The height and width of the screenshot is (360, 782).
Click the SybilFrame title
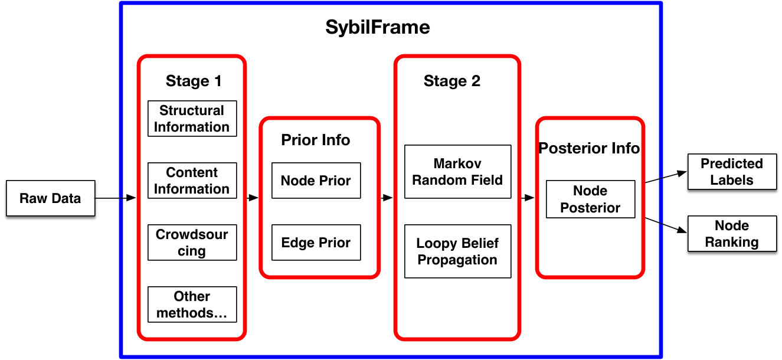377,27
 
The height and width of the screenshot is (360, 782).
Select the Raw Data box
51,198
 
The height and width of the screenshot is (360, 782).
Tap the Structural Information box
192,119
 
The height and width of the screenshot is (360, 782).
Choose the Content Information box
192,181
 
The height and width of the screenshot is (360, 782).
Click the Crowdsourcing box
192,243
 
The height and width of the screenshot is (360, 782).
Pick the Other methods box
192,305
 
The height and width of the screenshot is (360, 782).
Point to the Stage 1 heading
194,81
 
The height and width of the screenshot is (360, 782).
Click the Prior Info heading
316,140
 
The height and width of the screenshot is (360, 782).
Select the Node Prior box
316,181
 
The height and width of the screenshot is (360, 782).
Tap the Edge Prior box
316,243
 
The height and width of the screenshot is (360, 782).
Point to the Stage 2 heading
452,81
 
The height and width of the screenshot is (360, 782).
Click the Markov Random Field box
457,172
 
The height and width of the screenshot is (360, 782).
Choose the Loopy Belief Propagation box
457,251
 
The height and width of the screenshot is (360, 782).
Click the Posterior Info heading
589,148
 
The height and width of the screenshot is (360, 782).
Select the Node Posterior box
591,199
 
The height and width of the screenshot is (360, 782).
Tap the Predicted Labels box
732,172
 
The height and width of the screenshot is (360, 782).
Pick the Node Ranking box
732,234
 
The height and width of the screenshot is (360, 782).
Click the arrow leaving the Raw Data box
115,198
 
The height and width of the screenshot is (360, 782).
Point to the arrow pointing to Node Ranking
666,225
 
